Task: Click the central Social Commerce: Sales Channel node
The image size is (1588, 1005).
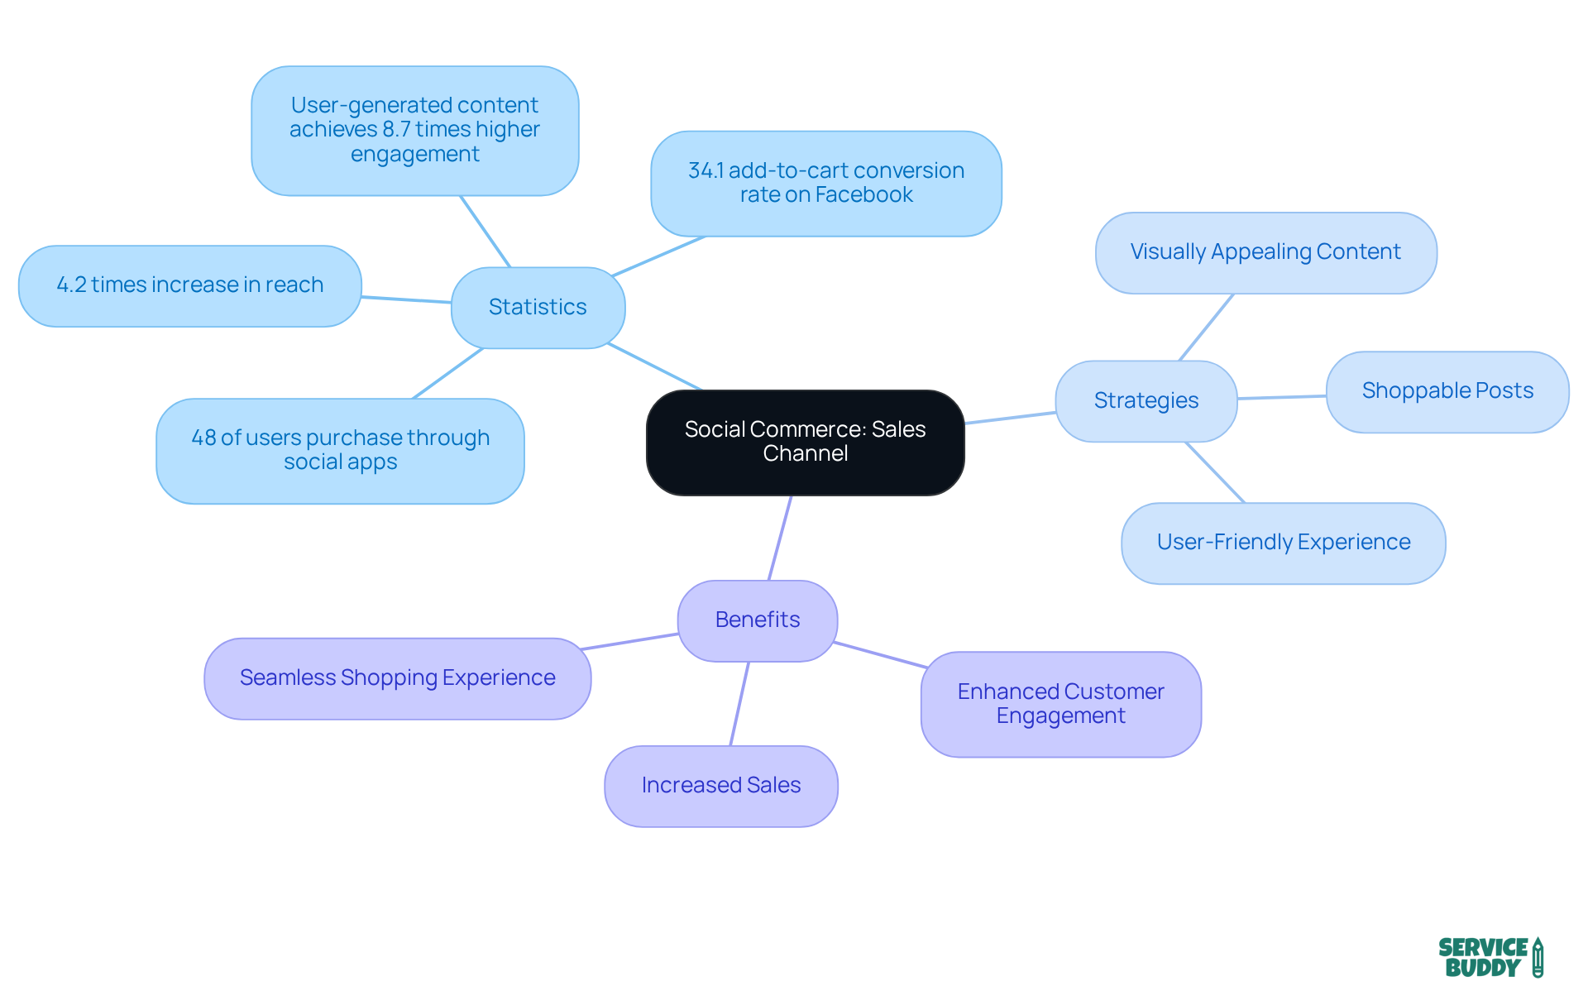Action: (805, 443)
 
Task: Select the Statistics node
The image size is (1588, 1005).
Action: (538, 307)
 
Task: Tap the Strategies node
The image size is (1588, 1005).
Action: (1146, 400)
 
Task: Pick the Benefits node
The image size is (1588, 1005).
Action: (757, 620)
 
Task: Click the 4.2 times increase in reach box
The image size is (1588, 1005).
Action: (189, 285)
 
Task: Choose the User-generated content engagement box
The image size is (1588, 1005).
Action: (414, 130)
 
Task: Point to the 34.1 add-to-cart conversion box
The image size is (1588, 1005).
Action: (825, 183)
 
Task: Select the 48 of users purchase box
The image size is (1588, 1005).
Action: (340, 450)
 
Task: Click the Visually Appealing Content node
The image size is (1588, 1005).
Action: (1265, 252)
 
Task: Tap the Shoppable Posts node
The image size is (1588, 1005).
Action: (1447, 390)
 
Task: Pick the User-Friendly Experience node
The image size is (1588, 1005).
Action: (1283, 543)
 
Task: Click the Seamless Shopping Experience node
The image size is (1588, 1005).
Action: (397, 677)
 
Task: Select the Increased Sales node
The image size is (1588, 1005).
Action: (720, 785)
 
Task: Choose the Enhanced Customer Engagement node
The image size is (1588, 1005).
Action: (1060, 704)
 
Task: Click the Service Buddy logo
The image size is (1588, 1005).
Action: (1490, 957)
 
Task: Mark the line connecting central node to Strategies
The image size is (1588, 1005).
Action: (1010, 418)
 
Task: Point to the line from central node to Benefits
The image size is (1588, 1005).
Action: (780, 538)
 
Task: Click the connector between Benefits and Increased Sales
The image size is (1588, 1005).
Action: (739, 703)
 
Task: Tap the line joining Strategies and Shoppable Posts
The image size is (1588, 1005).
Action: (1282, 397)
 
